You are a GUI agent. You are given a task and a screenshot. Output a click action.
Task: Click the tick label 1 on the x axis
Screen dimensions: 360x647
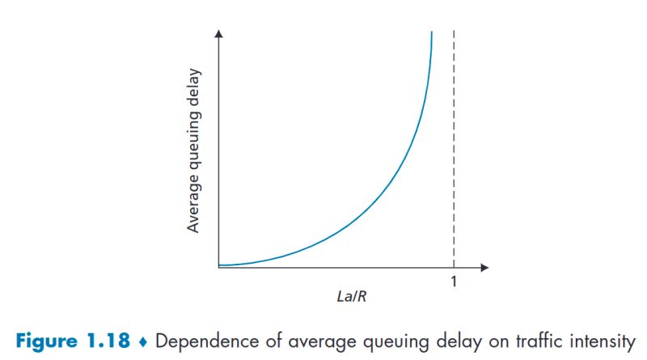tap(453, 282)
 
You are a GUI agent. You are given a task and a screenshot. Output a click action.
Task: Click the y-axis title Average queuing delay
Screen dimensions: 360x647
tap(194, 151)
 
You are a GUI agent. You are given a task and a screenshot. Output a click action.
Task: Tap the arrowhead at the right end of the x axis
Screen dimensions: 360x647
tap(484, 266)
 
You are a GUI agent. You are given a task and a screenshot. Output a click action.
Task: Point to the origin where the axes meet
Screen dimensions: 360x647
tap(218, 266)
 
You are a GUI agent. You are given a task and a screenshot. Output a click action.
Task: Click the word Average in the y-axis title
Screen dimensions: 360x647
tap(194, 205)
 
